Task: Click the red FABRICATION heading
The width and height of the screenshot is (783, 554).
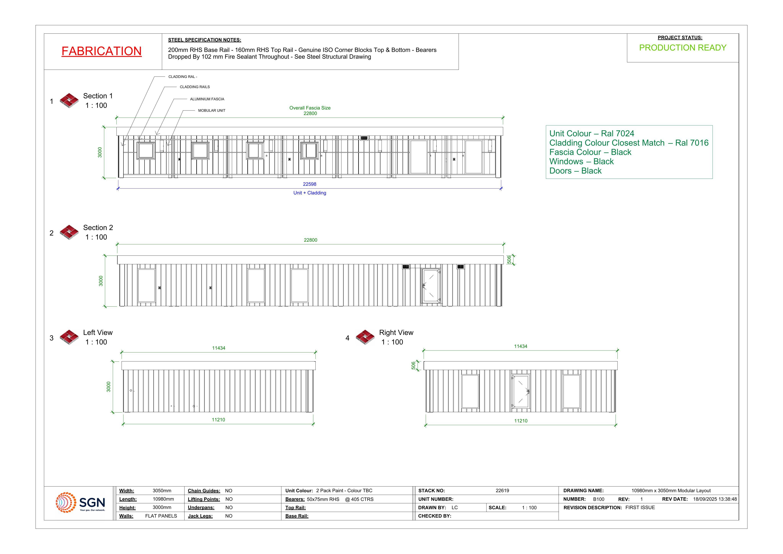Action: click(102, 51)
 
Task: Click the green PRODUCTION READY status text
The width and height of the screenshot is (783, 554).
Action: click(683, 48)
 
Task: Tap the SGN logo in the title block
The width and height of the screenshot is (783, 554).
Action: click(81, 503)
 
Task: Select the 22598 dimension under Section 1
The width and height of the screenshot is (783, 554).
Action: click(310, 184)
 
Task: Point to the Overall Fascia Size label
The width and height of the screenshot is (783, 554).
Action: click(310, 108)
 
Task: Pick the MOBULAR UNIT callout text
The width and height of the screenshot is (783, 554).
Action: click(212, 111)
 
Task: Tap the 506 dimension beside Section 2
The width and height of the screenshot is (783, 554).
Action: click(509, 260)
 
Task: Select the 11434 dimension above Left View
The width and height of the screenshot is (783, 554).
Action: click(219, 348)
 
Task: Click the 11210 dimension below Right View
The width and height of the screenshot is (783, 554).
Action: click(521, 421)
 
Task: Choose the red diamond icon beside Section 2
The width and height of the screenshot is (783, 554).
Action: click(69, 232)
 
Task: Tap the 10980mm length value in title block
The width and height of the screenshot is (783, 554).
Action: click(163, 499)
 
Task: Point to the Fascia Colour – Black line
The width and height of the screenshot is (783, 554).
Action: click(590, 152)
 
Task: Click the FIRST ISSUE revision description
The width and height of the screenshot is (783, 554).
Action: click(640, 508)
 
